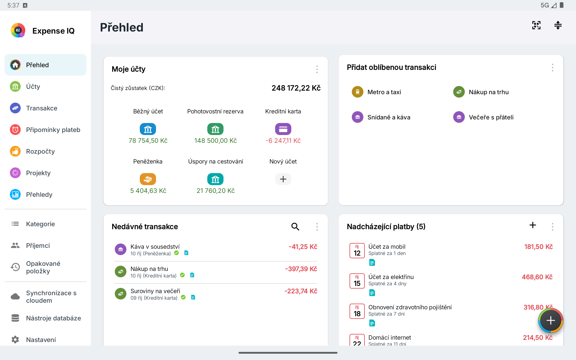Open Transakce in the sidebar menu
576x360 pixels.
click(x=41, y=108)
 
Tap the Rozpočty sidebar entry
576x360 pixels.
click(x=40, y=151)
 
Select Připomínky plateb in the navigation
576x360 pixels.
click(x=53, y=130)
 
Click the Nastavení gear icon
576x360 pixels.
click(x=15, y=339)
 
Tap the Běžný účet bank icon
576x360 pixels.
click(x=148, y=129)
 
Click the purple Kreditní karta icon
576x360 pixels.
click(x=283, y=129)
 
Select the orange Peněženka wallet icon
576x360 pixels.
click(x=148, y=179)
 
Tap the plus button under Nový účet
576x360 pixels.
click(x=283, y=179)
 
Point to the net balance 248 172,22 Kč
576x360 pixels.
click(x=296, y=88)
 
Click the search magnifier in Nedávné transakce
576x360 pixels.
click(x=295, y=226)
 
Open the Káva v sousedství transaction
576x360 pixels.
click(x=155, y=247)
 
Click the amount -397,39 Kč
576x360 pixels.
click(x=301, y=269)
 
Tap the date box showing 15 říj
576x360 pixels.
click(x=357, y=281)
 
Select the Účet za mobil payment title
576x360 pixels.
click(x=387, y=247)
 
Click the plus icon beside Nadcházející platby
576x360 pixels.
click(x=532, y=225)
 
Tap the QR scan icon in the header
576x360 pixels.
click(x=536, y=25)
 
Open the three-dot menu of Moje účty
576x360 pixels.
click(x=317, y=69)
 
